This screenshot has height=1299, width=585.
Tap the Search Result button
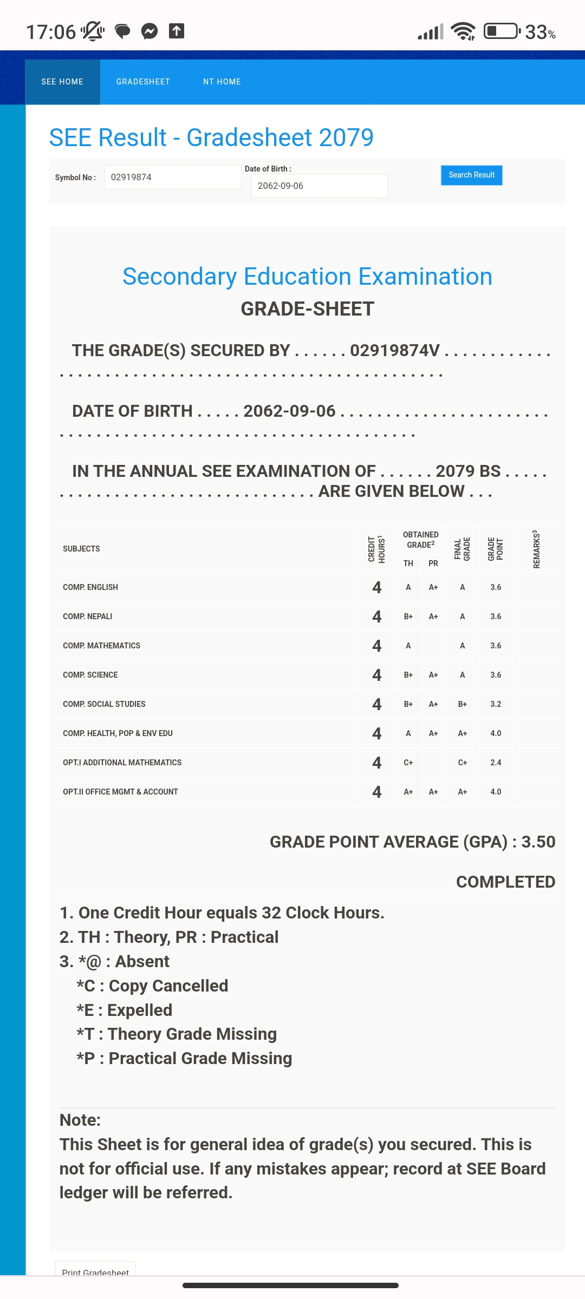(x=471, y=175)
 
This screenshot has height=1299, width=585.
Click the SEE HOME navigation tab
(x=62, y=82)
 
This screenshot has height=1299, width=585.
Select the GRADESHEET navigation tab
(x=143, y=82)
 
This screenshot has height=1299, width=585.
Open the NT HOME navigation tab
(x=222, y=82)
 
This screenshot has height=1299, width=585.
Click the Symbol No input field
(x=172, y=177)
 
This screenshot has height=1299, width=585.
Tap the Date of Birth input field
(x=319, y=186)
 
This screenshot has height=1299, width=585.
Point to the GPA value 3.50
(x=538, y=842)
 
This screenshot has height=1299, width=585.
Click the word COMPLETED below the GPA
(x=505, y=882)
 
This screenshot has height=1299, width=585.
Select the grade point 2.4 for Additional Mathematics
(x=496, y=763)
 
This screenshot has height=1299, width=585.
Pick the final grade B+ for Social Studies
(x=463, y=704)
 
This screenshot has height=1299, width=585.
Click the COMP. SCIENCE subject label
(x=90, y=675)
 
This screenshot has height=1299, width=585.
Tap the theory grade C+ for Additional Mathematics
(x=408, y=763)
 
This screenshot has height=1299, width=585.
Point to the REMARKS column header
(x=536, y=549)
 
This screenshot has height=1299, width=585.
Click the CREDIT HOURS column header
(x=376, y=549)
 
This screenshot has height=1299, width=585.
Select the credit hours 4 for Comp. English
(x=377, y=587)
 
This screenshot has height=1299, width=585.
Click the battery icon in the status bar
(x=502, y=31)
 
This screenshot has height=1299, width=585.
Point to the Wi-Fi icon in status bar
(x=463, y=31)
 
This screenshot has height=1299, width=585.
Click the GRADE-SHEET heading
(x=307, y=309)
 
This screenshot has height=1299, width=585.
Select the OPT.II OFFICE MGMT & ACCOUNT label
(x=120, y=792)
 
